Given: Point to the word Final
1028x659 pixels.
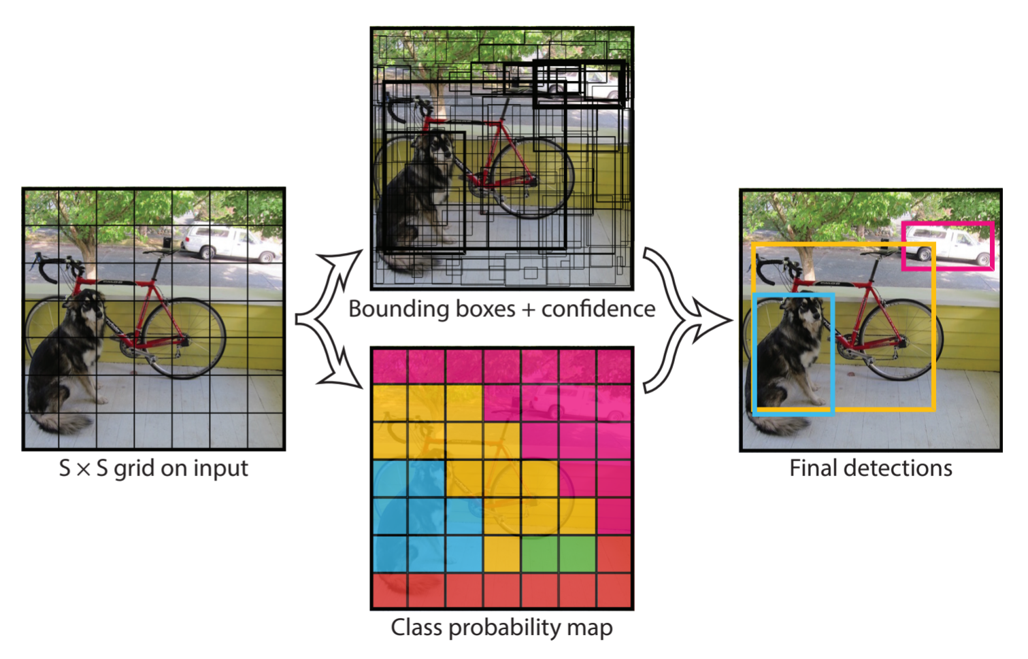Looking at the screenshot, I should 813,469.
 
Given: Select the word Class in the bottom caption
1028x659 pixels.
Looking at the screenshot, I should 412,628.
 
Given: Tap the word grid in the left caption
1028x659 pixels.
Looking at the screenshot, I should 133,469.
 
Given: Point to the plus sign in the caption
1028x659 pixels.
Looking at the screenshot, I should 529,310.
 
